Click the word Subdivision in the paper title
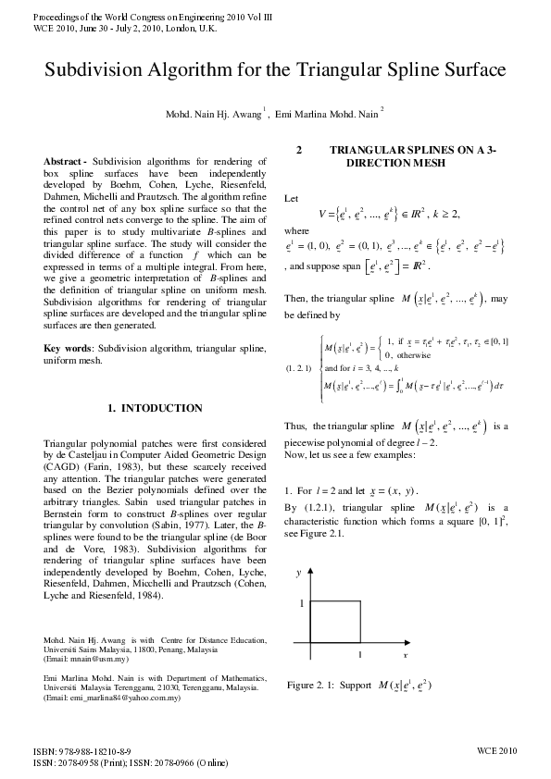point(102,71)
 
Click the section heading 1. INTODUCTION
point(155,408)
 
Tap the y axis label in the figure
point(298,574)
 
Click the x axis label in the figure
point(406,653)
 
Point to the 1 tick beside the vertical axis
point(300,603)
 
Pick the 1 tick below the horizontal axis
point(360,654)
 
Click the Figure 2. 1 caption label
point(318,686)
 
